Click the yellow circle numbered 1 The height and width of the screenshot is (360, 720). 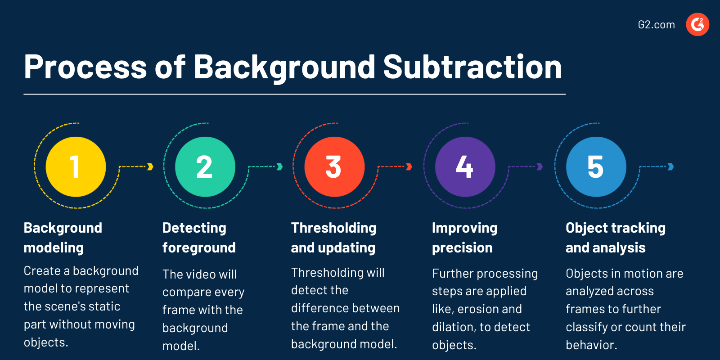[76, 167]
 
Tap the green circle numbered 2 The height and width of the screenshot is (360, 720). [205, 167]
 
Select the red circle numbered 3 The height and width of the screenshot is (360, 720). [334, 167]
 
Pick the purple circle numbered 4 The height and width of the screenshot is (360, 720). [465, 167]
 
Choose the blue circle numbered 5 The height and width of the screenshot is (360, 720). [596, 167]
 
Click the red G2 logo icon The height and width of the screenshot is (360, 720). [697, 24]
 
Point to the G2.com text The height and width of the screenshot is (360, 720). [656, 25]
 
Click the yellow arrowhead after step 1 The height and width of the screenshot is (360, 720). [150, 167]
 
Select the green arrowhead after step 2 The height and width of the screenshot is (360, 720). [279, 167]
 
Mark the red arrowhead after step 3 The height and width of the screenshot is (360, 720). [409, 167]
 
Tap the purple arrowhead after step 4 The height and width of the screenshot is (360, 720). [540, 167]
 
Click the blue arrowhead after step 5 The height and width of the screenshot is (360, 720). [671, 167]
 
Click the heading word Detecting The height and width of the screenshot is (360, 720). [194, 228]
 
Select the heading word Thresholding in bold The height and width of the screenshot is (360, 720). [333, 228]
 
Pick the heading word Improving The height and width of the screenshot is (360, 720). [464, 228]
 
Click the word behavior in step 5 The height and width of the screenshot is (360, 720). [591, 345]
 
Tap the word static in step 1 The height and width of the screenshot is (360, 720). [104, 306]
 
